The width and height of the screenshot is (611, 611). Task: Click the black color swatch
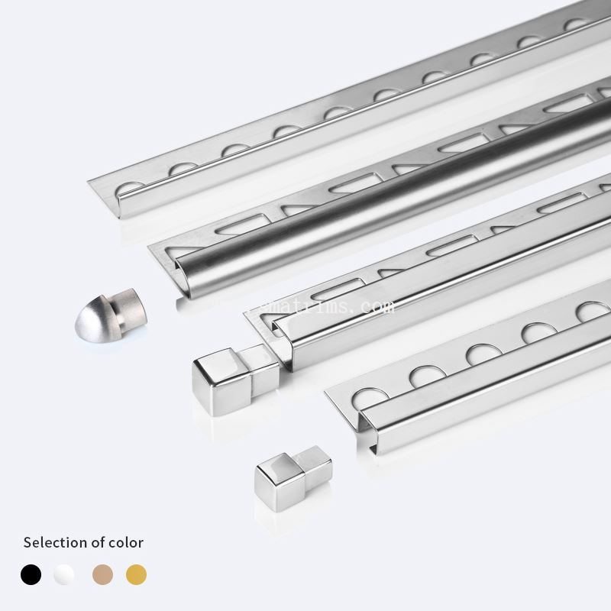pos(31,574)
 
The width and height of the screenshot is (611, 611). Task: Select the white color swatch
pos(64,574)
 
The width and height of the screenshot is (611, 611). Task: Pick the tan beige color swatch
pos(102,574)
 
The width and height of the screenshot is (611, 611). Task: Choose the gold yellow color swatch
pos(136,574)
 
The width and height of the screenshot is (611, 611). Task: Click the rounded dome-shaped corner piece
pos(105,315)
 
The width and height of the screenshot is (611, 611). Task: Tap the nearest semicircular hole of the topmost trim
pos(128,186)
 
